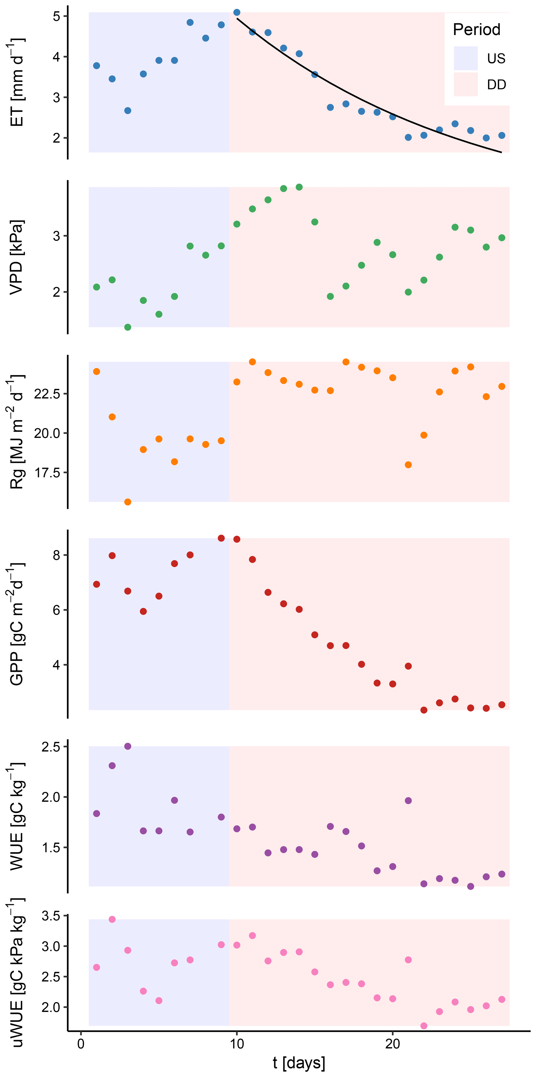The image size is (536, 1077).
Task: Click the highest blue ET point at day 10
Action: coord(237,12)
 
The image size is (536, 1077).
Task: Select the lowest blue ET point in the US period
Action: coord(128,111)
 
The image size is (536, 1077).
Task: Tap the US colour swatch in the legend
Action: coord(465,58)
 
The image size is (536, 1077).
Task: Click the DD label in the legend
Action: coord(496,85)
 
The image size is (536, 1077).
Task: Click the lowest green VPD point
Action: coord(128,327)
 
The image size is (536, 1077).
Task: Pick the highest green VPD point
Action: coord(299,187)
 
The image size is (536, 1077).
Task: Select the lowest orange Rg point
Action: coord(128,502)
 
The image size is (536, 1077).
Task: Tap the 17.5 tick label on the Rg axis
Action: coord(47,473)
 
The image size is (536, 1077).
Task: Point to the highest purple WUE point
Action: coord(128,746)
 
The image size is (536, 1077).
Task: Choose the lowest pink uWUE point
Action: coord(423,1026)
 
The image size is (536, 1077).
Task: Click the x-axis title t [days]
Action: coord(298,1062)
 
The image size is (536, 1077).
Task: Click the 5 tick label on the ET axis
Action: coord(57,17)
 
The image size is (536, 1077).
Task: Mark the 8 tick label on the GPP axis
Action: coord(57,555)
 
